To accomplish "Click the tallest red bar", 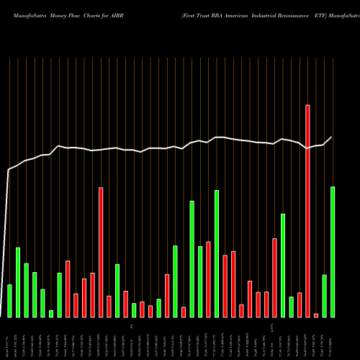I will tap(307, 210).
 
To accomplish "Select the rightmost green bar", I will tap(333, 251).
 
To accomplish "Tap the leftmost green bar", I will tap(10, 300).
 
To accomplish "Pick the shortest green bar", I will tap(51, 313).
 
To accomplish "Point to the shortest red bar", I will tap(316, 315).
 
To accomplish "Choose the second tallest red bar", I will tap(101, 252).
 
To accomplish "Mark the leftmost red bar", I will tap(68, 288).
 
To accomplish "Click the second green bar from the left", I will tap(18, 282).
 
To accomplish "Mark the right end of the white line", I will tap(332, 137).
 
